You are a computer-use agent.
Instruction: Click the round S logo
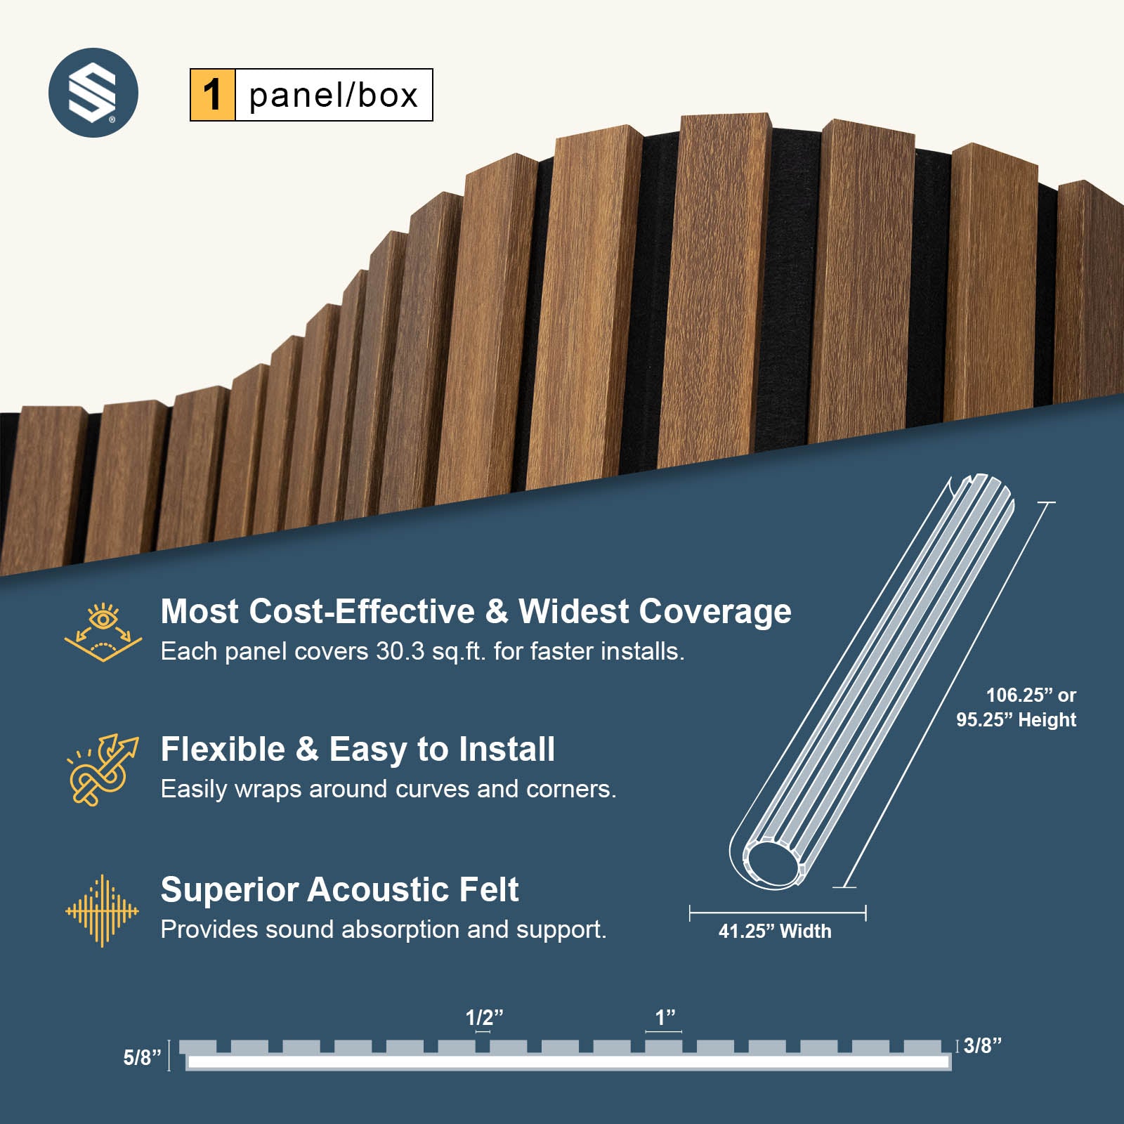[x=93, y=93]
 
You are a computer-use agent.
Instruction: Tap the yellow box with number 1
[x=212, y=95]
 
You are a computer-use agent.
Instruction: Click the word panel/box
[x=334, y=96]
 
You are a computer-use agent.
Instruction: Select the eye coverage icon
[x=103, y=631]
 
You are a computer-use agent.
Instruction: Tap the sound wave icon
[x=103, y=910]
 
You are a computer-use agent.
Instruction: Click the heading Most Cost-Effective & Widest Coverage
[x=476, y=611]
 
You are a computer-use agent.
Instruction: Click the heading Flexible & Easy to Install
[x=358, y=749]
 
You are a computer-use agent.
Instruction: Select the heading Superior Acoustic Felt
[x=339, y=889]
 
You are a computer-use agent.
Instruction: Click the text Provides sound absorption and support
[x=384, y=929]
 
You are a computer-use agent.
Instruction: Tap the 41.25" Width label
[x=775, y=932]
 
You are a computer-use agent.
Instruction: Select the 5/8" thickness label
[x=142, y=1057]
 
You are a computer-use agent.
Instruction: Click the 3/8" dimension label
[x=982, y=1045]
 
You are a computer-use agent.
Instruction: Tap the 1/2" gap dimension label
[x=484, y=1017]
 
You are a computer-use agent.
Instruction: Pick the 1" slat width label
[x=665, y=1017]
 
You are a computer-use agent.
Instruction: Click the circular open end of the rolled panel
[x=771, y=863]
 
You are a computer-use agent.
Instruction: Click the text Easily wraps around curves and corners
[x=388, y=789]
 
